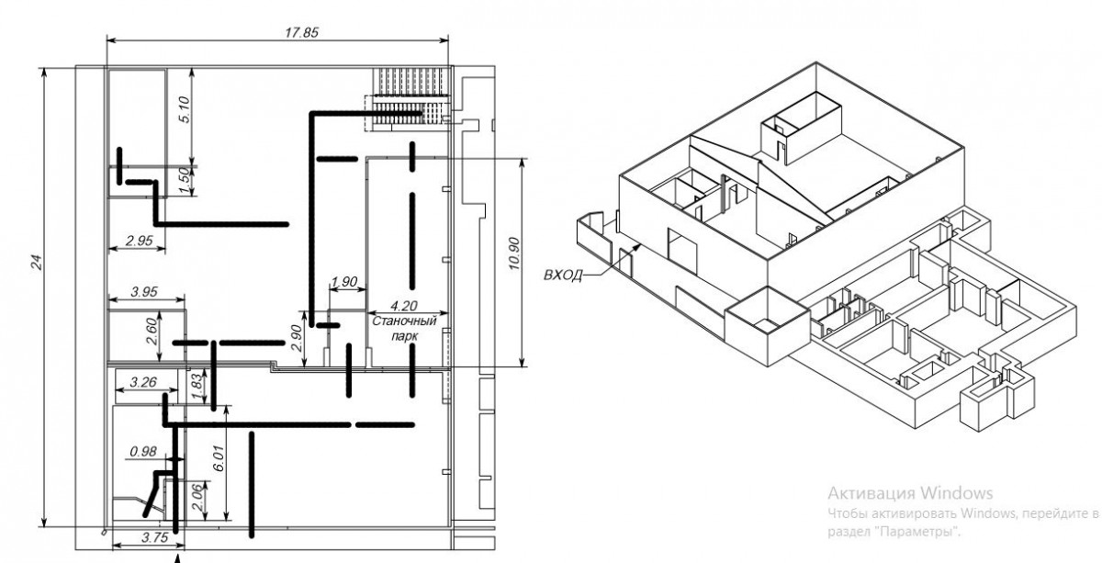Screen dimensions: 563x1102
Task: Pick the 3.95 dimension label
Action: [145, 291]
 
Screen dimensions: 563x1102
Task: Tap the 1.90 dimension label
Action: [343, 280]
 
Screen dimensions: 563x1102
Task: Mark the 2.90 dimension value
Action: [296, 339]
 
